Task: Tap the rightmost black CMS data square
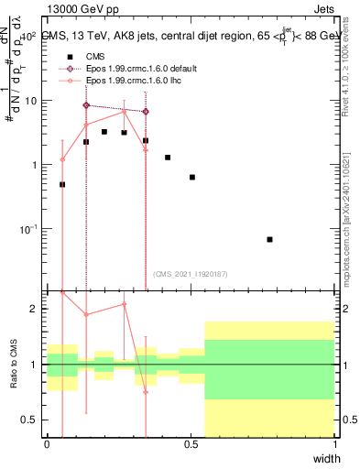(269, 239)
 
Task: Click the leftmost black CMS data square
(62, 184)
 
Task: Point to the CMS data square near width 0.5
(191, 177)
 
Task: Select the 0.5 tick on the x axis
(191, 445)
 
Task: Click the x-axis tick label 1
(334, 445)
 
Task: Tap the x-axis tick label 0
(48, 445)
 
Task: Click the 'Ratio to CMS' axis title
(14, 365)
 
